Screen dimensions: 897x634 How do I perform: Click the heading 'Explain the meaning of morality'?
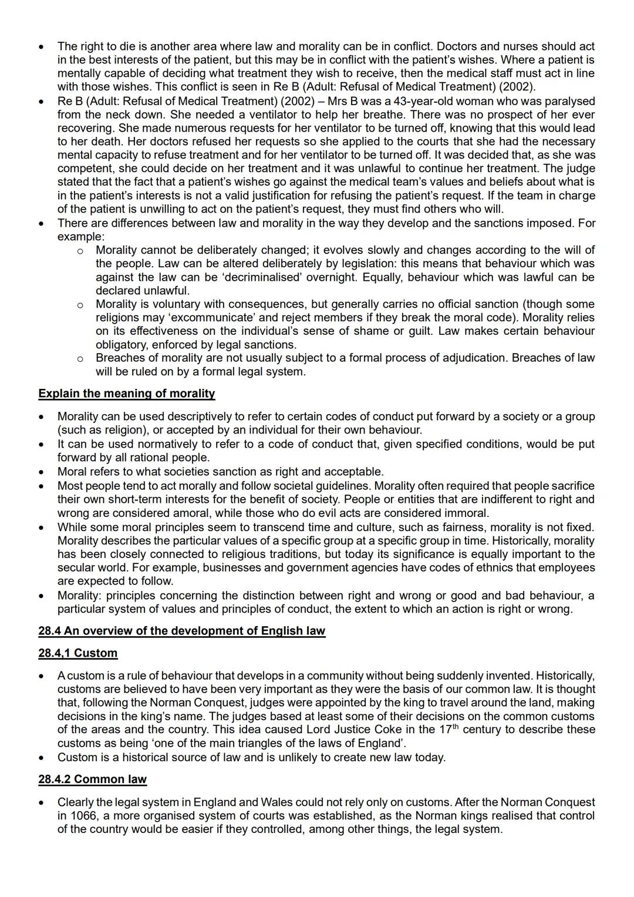pos(127,394)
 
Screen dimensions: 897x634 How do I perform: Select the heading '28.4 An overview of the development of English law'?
pos(181,631)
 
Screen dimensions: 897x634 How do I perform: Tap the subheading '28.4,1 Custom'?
pos(77,653)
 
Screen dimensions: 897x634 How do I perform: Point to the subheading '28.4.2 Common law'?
pos(93,780)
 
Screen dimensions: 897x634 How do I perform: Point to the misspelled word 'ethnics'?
pos(515,568)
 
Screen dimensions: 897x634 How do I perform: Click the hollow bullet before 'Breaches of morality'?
pos(80,358)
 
